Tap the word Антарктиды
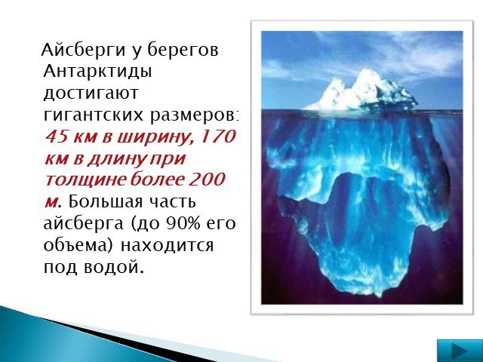97,72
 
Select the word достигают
91,93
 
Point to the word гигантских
94,115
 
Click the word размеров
193,116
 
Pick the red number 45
57,136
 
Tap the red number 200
208,179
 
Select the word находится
167,247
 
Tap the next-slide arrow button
460,350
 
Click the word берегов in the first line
183,51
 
